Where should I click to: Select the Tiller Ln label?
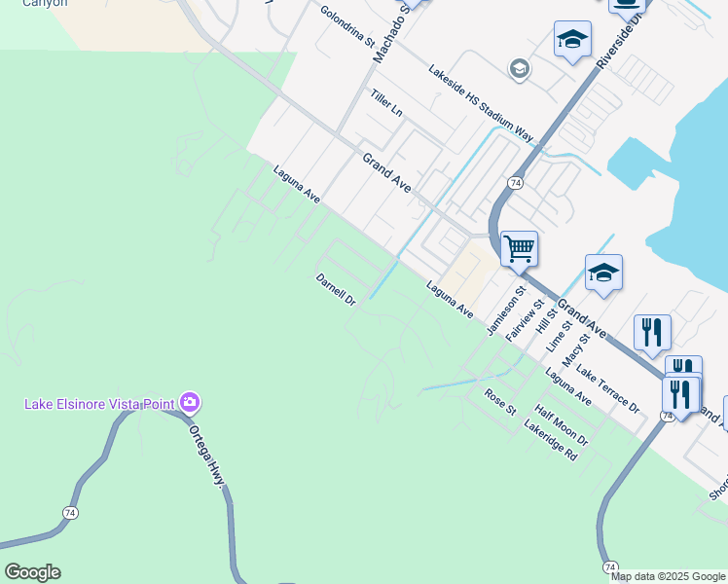pyautogui.click(x=386, y=103)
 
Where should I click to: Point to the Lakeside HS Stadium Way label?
pyautogui.click(x=482, y=103)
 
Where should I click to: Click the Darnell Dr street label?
pyautogui.click(x=336, y=289)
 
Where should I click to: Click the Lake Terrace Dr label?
pyautogui.click(x=606, y=387)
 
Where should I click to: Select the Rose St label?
pyautogui.click(x=500, y=400)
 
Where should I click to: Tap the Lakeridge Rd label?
pyautogui.click(x=551, y=440)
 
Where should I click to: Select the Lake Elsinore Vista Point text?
pyautogui.click(x=99, y=403)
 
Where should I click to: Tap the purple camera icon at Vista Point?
pyautogui.click(x=190, y=401)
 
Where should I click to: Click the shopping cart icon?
pyautogui.click(x=520, y=248)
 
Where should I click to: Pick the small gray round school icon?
pyautogui.click(x=519, y=68)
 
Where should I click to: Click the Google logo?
pyautogui.click(x=32, y=572)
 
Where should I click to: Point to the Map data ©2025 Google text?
pyautogui.click(x=668, y=576)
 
